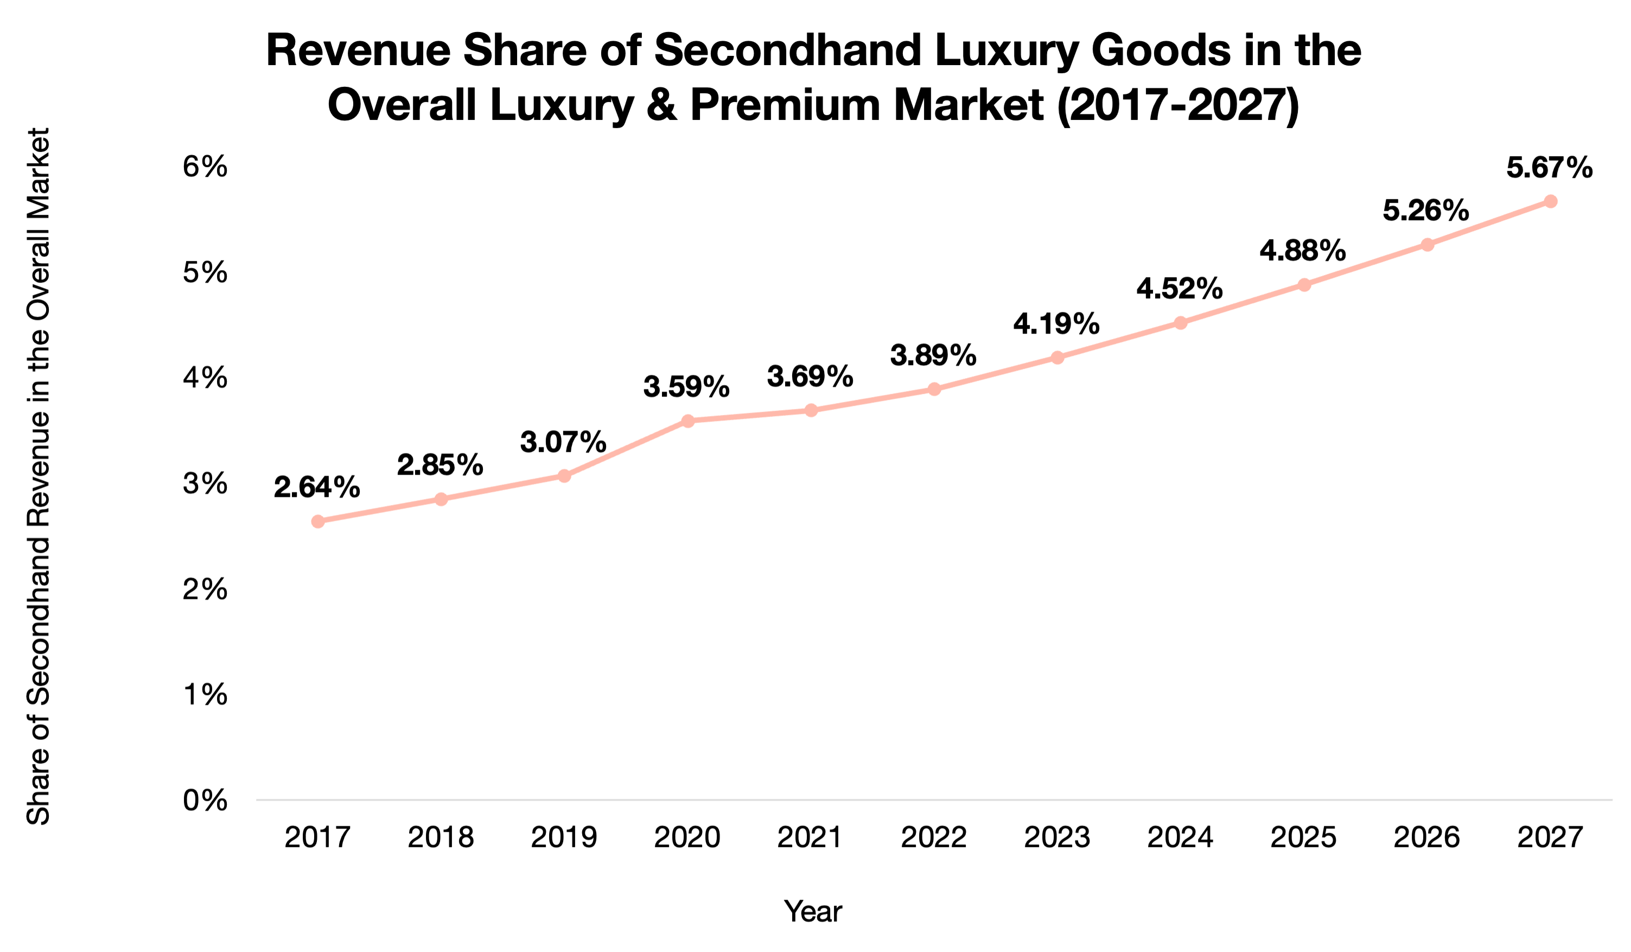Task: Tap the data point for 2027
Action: tap(1550, 201)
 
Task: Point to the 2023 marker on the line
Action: tap(1057, 357)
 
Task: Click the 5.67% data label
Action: tap(1549, 168)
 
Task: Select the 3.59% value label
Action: tap(686, 387)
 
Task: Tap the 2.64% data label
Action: tap(316, 487)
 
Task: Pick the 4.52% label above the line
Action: tap(1179, 289)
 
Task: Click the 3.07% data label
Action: tap(563, 442)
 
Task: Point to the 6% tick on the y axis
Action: tap(205, 167)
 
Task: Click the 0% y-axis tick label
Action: tap(205, 801)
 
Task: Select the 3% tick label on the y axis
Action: tap(205, 483)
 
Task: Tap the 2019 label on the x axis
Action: tap(564, 838)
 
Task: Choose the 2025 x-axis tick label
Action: tap(1303, 838)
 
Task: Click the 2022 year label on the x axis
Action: tap(933, 838)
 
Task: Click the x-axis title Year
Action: tap(813, 911)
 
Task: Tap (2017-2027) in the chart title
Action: tap(1178, 105)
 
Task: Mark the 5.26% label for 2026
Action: tap(1426, 210)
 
